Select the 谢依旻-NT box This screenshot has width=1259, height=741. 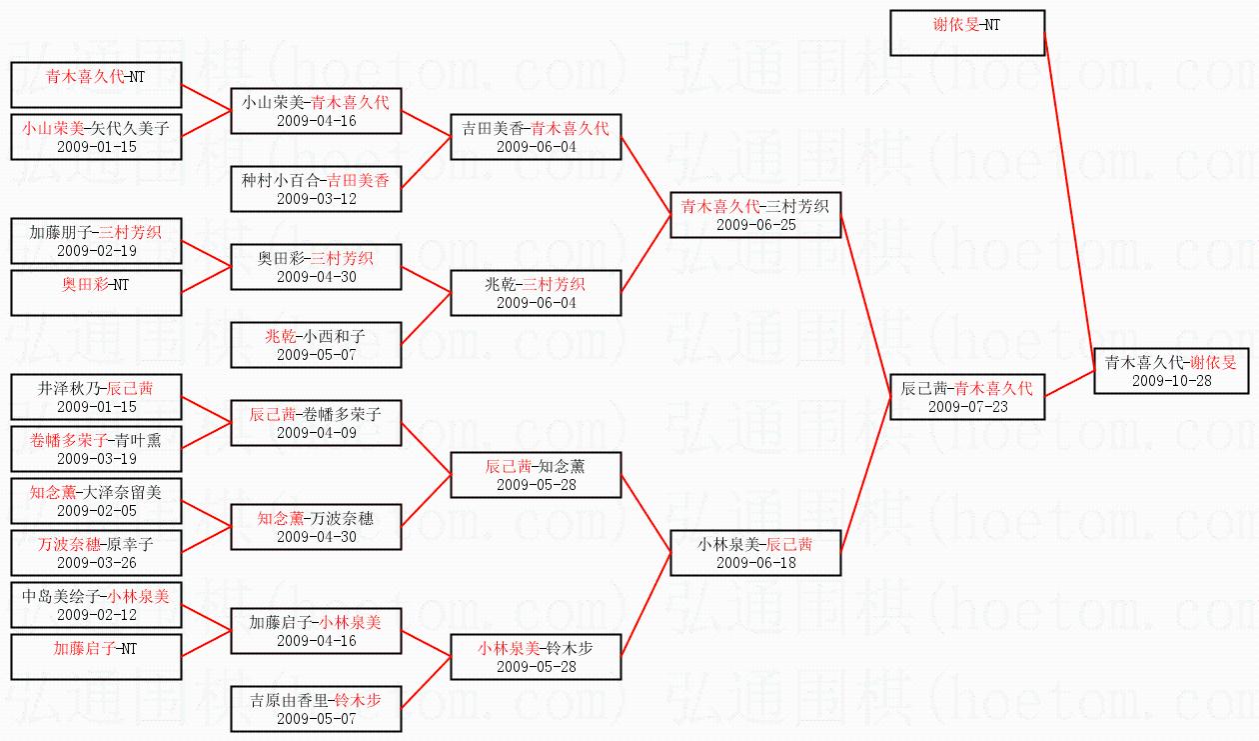(966, 33)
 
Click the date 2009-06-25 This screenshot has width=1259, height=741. (755, 225)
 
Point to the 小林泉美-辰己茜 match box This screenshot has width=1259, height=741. (755, 553)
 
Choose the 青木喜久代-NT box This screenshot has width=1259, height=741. (96, 84)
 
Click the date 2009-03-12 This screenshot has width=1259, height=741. (316, 198)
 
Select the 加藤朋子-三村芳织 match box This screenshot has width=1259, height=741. (96, 241)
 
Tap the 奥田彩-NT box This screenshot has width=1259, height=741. (96, 293)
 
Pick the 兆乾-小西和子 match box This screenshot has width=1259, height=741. (316, 345)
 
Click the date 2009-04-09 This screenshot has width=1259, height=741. (316, 433)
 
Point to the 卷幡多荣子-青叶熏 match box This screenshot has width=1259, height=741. (96, 449)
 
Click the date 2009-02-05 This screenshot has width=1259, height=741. (96, 510)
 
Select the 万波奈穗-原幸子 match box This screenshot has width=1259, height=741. (96, 553)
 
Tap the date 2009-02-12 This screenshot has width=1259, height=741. (96, 614)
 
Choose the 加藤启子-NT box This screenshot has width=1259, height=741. (96, 657)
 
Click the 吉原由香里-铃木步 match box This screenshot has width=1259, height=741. (316, 709)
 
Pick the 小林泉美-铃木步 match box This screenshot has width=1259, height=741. (536, 657)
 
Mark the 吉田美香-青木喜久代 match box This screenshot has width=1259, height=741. (536, 137)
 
